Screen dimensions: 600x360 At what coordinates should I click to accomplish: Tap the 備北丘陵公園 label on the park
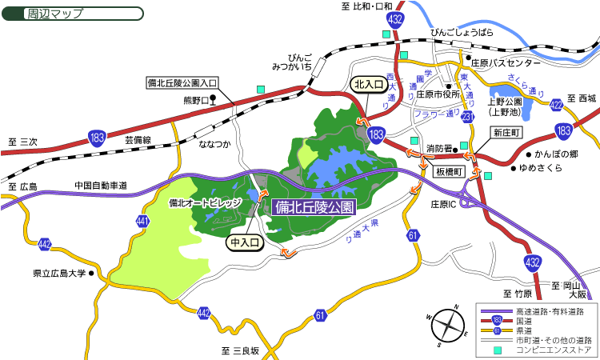pyautogui.click(x=314, y=207)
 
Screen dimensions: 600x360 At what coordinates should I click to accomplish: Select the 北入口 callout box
pyautogui.click(x=369, y=83)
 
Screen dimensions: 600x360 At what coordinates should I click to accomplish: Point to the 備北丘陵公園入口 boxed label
pyautogui.click(x=183, y=82)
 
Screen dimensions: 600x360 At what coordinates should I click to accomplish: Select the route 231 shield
pyautogui.click(x=467, y=118)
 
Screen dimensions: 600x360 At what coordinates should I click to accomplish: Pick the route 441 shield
pyautogui.click(x=143, y=220)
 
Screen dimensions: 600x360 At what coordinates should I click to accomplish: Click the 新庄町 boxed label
pyautogui.click(x=506, y=132)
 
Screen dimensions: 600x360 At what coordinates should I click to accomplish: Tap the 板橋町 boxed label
pyautogui.click(x=450, y=171)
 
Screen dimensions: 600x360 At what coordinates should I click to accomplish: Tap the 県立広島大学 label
pyautogui.click(x=60, y=273)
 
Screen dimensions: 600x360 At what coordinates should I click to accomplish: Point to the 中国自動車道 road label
pyautogui.click(x=101, y=186)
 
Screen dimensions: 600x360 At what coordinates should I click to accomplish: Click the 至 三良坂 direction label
pyautogui.click(x=240, y=350)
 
